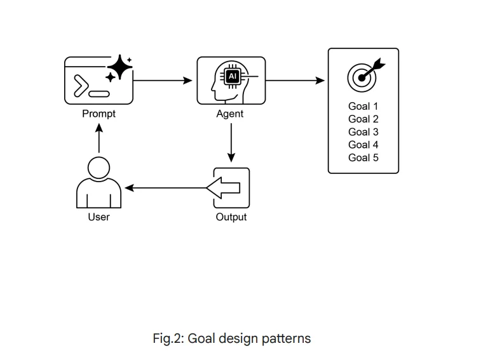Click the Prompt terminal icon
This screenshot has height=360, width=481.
[98, 81]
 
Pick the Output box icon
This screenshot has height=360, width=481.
[231, 187]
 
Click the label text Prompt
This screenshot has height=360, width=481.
[98, 114]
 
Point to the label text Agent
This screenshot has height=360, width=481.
[230, 114]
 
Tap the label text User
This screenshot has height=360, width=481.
[98, 217]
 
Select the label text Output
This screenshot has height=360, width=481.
[231, 217]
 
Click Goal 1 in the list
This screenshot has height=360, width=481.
[363, 106]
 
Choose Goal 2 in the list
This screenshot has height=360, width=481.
[363, 119]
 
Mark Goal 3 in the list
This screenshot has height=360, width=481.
[363, 132]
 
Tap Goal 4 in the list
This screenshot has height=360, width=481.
[363, 145]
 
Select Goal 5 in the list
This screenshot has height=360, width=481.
[363, 157]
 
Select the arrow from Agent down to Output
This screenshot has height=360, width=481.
[231, 143]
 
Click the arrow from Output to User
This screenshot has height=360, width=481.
[165, 188]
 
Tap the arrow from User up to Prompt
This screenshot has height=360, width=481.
[98, 138]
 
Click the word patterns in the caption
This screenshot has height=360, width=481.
[286, 338]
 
